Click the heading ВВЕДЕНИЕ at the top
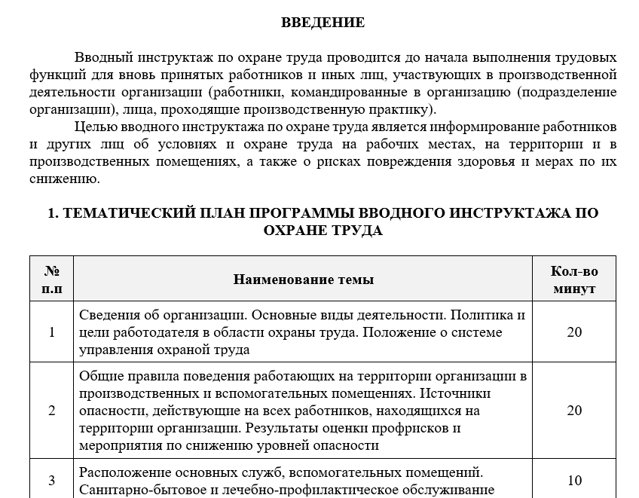pyautogui.click(x=323, y=23)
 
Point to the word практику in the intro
pyautogui.click(x=398, y=109)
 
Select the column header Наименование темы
pyautogui.click(x=303, y=280)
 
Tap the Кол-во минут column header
pyautogui.click(x=574, y=280)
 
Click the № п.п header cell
pyautogui.click(x=52, y=280)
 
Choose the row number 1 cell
pyautogui.click(x=52, y=332)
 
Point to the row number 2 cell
pyautogui.click(x=52, y=411)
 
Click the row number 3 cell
pyautogui.click(x=52, y=481)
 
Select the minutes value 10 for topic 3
pyautogui.click(x=574, y=481)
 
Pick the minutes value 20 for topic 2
pyautogui.click(x=574, y=411)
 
